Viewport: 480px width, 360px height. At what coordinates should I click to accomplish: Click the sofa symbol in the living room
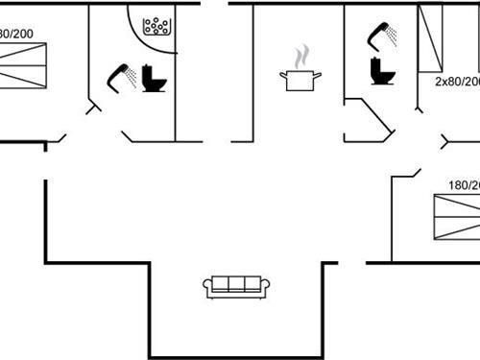pos(236,286)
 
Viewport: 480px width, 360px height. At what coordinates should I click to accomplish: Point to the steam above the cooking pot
pos(301,53)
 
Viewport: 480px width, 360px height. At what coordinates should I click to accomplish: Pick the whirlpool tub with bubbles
pos(156,26)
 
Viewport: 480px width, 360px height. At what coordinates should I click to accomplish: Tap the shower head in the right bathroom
pos(382,35)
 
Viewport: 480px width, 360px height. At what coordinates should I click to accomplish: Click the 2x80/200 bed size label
pos(457,83)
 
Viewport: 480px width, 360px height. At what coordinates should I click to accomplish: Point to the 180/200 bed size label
pos(463,185)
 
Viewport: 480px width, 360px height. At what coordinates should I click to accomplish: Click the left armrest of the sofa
pos(207,287)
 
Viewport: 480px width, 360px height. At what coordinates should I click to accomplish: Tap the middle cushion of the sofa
pos(237,284)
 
